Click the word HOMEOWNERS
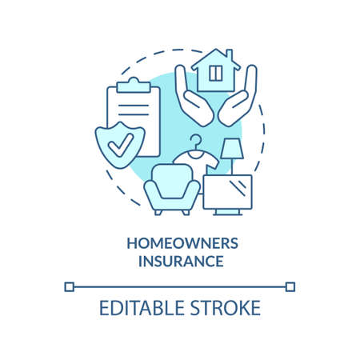tap(179, 243)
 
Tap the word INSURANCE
tap(179, 261)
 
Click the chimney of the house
tap(228, 55)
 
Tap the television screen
tap(227, 191)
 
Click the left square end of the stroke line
tap(70, 286)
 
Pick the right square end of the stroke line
tap(290, 286)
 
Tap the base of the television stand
tap(227, 212)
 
